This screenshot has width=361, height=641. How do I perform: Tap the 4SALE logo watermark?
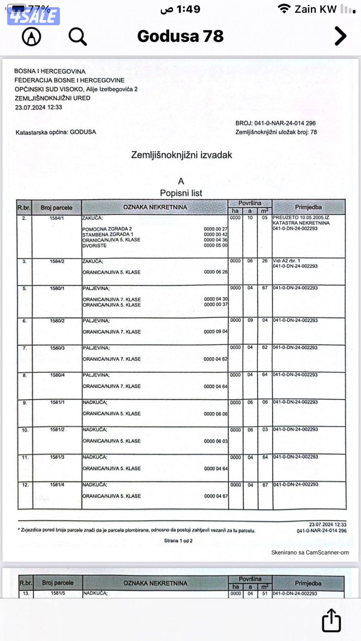[x=33, y=16]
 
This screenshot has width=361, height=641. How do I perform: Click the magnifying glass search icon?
[x=78, y=36]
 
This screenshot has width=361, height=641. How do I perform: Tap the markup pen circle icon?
[x=31, y=36]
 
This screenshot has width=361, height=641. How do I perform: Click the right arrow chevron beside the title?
[x=340, y=36]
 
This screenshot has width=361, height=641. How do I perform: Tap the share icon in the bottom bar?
[x=331, y=620]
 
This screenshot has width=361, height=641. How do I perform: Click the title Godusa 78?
[x=180, y=36]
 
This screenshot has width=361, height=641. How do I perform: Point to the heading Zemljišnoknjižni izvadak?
[x=181, y=155]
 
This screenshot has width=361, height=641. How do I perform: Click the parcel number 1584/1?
[x=57, y=218]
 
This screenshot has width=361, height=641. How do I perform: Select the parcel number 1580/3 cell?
[x=57, y=348]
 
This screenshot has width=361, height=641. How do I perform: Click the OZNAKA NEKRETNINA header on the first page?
[x=155, y=207]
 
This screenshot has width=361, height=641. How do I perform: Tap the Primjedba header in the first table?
[x=308, y=207]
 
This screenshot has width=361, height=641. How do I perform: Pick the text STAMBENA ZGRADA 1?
[x=108, y=234]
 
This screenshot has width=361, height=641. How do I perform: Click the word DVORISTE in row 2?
[x=95, y=246]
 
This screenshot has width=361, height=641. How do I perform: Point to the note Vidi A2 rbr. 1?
[x=286, y=261]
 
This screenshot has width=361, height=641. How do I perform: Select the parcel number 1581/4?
[x=57, y=484]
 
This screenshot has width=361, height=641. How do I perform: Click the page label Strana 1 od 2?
[x=178, y=541]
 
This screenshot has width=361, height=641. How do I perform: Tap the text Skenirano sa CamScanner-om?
[x=310, y=552]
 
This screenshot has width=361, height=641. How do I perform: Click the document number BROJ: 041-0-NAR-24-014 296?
[x=275, y=123]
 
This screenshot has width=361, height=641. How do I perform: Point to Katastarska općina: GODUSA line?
[x=56, y=132]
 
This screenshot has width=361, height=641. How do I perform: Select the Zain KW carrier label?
[x=315, y=9]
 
